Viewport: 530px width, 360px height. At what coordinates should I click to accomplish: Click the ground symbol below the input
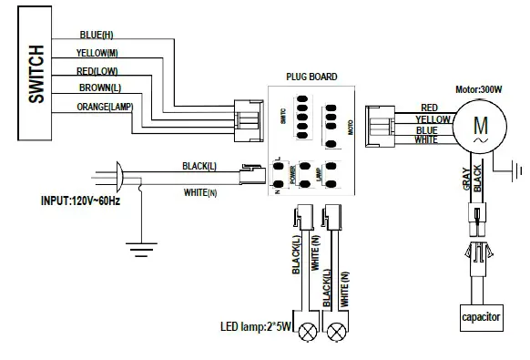click(138, 247)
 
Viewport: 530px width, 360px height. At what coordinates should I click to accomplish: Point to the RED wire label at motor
click(430, 108)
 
